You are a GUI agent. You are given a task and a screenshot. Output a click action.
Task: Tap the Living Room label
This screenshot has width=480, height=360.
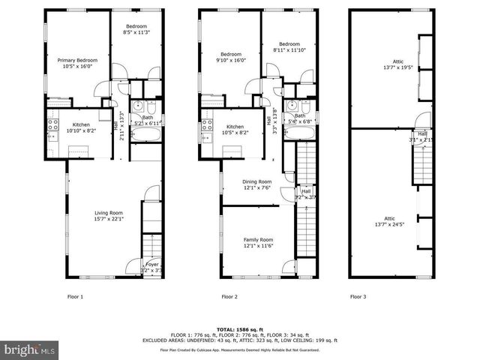pos(109,216)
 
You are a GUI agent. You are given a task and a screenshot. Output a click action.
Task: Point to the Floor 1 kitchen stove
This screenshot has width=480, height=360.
pos(53,126)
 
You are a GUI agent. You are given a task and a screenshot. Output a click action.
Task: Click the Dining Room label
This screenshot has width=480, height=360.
pos(256,184)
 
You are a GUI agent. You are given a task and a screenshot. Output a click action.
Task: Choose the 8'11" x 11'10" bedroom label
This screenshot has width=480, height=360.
pos(289,46)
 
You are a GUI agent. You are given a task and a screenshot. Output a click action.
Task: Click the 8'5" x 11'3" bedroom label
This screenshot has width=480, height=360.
pos(136,28)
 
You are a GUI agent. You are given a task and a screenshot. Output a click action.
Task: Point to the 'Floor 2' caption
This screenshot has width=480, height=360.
pos(229,296)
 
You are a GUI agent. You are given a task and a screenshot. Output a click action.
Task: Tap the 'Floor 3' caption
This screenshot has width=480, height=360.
pos(358,296)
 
